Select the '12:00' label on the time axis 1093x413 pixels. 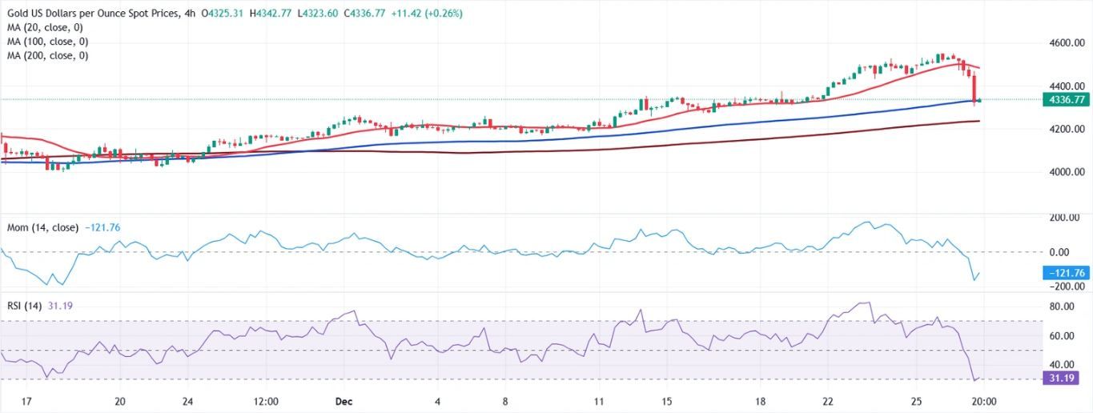pyautogui.click(x=265, y=401)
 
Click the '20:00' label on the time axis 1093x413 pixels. pyautogui.click(x=983, y=401)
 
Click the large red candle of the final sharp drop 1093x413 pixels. pyautogui.click(x=974, y=86)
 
